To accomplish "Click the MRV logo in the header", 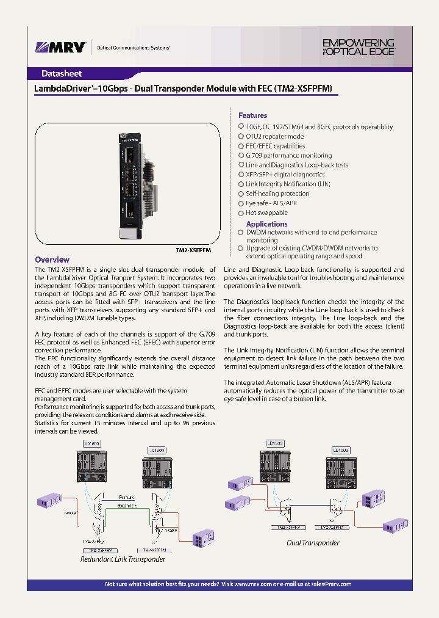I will click(x=60, y=47).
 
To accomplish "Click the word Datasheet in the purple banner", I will click(x=61, y=73).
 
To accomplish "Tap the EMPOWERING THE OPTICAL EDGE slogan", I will click(x=358, y=47).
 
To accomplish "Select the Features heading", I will click(x=252, y=115).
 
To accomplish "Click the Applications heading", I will click(x=266, y=224).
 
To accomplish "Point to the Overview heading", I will click(x=52, y=260).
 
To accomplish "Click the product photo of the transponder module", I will click(x=131, y=184).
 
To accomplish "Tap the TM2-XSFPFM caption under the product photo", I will click(x=193, y=250).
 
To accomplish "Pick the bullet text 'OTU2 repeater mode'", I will click(x=274, y=136).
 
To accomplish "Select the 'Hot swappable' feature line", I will click(x=266, y=213).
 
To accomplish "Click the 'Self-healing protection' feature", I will click(x=277, y=194).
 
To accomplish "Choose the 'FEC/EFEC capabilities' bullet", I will click(x=275, y=146).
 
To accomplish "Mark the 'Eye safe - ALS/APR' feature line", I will click(x=271, y=203).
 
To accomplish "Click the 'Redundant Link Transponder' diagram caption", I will click(x=123, y=559).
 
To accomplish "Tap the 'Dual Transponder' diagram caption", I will click(x=313, y=542).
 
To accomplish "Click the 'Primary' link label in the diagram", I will click(x=127, y=498).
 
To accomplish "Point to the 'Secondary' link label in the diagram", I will click(x=127, y=506).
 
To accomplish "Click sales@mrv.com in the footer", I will click(x=330, y=584).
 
